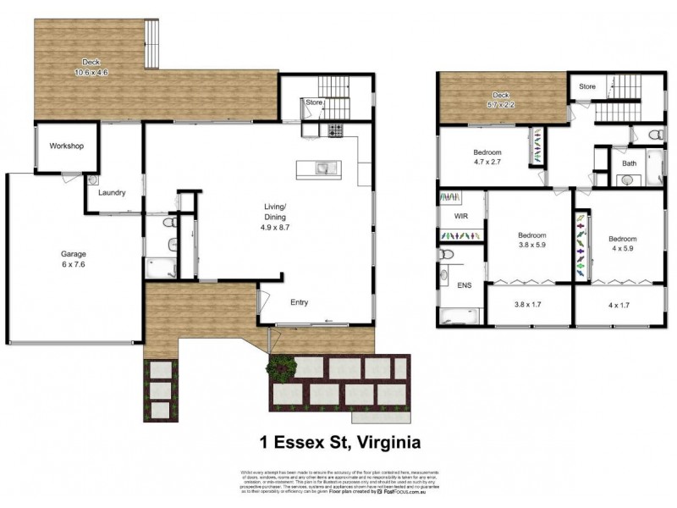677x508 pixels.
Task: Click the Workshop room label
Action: pos(66,146)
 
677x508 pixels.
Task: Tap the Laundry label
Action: pos(112,193)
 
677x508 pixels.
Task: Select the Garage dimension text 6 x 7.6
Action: pos(73,263)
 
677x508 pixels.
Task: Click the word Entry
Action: pos(300,302)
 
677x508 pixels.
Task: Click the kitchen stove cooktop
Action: pos(334,130)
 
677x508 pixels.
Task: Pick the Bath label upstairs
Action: pos(629,163)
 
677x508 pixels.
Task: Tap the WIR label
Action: pos(461,216)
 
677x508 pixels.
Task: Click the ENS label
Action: pos(464,286)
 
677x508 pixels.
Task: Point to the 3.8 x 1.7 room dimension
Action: pos(528,304)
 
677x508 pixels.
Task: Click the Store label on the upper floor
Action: pos(586,86)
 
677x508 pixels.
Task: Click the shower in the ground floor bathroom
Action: pos(162,268)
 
